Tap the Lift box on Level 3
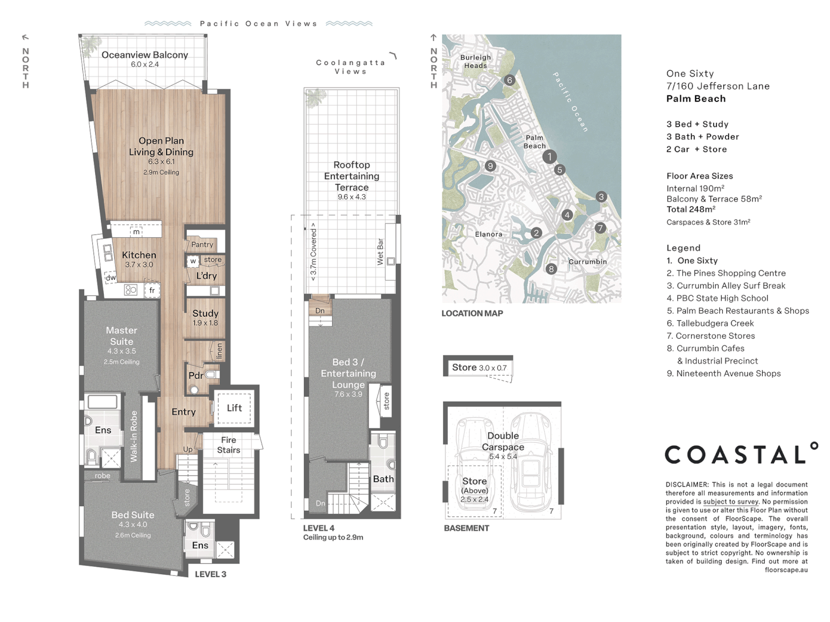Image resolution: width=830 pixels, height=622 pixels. click(x=234, y=408)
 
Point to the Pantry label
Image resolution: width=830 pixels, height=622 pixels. click(x=202, y=244)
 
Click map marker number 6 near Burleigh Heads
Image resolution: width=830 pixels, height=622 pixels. click(x=510, y=80)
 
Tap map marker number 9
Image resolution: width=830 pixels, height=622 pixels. click(x=490, y=165)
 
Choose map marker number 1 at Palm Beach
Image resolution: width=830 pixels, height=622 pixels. click(x=549, y=156)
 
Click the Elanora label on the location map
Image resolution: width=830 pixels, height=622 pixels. click(x=489, y=234)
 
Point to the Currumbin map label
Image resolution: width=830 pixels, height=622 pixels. click(x=587, y=261)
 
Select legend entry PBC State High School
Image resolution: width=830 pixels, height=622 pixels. click(x=718, y=298)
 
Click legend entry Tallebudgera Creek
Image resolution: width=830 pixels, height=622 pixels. click(x=710, y=323)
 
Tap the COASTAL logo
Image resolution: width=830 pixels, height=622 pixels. click(x=741, y=454)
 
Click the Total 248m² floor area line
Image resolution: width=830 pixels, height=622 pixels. click(x=691, y=209)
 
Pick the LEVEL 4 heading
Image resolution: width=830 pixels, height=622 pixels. click(x=319, y=528)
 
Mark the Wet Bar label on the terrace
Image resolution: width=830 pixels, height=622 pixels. click(x=380, y=252)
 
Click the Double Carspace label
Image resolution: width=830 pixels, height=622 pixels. click(x=503, y=442)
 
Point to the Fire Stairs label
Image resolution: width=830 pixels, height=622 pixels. click(x=228, y=445)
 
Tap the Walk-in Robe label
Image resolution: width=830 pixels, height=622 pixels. click(x=134, y=437)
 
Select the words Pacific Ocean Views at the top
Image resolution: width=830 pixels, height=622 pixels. click(x=259, y=24)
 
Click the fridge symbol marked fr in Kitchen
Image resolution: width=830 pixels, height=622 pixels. click(x=152, y=290)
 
